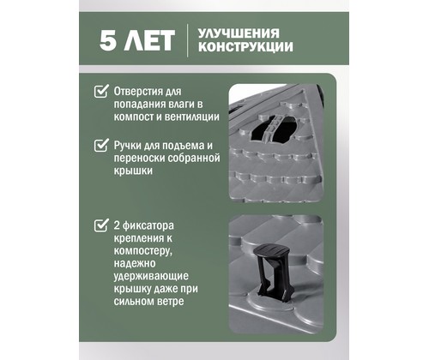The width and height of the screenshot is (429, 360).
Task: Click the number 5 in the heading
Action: click(x=108, y=39)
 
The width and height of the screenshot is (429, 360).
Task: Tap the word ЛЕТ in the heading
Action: click(x=149, y=39)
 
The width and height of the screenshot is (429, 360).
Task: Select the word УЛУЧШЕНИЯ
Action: click(x=239, y=33)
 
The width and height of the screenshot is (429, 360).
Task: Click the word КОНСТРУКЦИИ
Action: click(x=245, y=47)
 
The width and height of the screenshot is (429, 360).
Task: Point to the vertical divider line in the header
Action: click(x=188, y=40)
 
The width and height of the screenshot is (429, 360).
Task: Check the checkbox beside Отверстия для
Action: click(x=101, y=91)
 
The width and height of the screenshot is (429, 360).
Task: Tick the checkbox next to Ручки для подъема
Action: click(x=101, y=145)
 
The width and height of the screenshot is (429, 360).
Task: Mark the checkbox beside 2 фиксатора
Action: click(x=101, y=225)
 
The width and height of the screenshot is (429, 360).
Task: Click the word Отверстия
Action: click(x=136, y=92)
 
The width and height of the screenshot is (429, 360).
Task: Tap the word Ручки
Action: click(x=127, y=146)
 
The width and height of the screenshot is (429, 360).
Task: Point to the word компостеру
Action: click(x=143, y=251)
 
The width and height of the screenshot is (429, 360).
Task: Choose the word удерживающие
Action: click(x=151, y=277)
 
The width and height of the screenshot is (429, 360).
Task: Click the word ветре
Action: click(x=171, y=302)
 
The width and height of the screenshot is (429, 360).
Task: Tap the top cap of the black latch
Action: click(x=271, y=251)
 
